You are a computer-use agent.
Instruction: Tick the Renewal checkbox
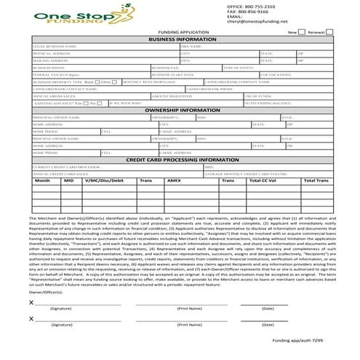point(330,33)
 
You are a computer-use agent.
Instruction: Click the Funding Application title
point(180,33)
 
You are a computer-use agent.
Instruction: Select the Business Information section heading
point(180,39)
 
